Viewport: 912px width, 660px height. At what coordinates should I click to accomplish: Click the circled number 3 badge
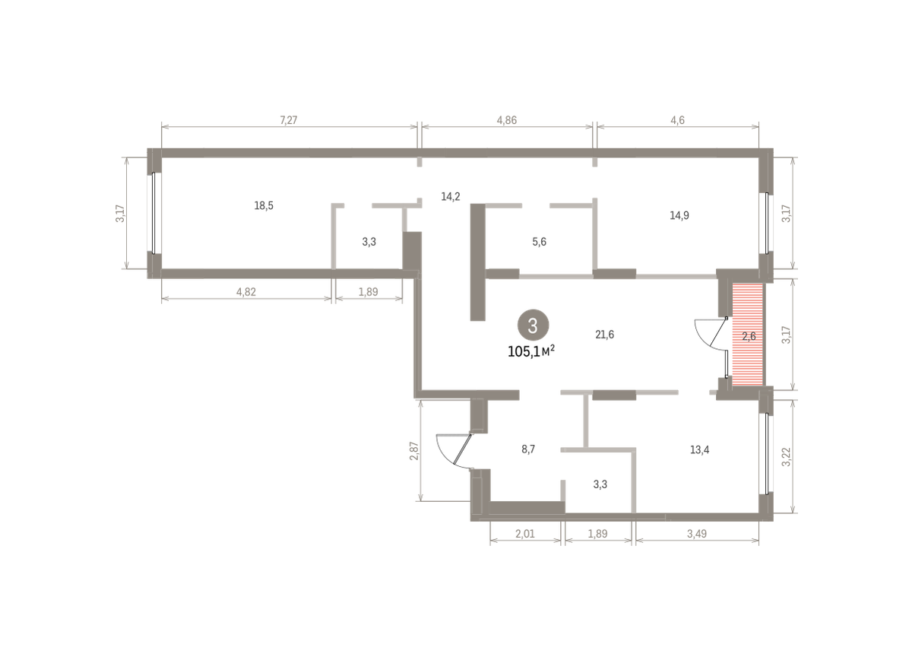533,325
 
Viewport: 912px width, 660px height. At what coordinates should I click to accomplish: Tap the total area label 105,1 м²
531,351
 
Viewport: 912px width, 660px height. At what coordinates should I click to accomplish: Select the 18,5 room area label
264,206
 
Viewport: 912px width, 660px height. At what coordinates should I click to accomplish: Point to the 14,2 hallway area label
450,197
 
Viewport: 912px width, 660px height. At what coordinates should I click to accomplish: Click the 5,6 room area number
539,242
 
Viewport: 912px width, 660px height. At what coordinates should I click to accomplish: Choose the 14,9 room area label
679,215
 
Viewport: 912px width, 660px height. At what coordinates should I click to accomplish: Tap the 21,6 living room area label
604,335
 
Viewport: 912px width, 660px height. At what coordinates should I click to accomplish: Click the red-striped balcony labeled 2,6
748,335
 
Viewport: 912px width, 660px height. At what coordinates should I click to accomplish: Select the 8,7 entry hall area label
528,449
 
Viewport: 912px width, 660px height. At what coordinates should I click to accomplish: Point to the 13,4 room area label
699,450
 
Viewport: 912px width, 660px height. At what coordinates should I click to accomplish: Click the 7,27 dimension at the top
288,120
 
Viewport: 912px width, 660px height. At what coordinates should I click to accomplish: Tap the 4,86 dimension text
506,120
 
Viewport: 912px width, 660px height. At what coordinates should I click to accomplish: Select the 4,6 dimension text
677,120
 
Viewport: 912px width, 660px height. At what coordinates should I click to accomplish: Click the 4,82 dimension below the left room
246,292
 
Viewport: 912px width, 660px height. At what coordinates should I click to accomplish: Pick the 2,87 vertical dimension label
414,451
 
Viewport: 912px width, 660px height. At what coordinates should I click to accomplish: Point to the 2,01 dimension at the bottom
525,534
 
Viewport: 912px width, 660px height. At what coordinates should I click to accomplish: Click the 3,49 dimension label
697,534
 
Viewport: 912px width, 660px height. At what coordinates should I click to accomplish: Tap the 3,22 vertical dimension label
786,457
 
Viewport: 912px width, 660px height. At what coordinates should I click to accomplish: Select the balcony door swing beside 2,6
711,334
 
